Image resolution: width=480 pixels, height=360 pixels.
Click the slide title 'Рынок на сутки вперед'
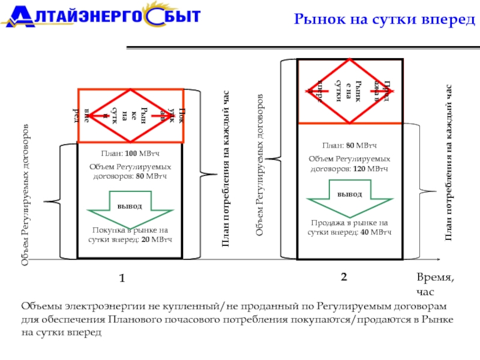383,20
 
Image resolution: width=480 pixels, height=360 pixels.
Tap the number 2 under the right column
344,277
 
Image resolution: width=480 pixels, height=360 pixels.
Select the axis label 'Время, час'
436,283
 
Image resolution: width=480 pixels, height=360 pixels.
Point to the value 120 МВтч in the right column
375,169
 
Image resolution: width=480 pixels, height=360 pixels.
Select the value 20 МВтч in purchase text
158,239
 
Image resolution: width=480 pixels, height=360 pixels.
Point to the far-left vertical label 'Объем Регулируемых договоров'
25,196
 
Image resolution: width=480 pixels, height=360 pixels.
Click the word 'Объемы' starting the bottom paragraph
38,307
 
